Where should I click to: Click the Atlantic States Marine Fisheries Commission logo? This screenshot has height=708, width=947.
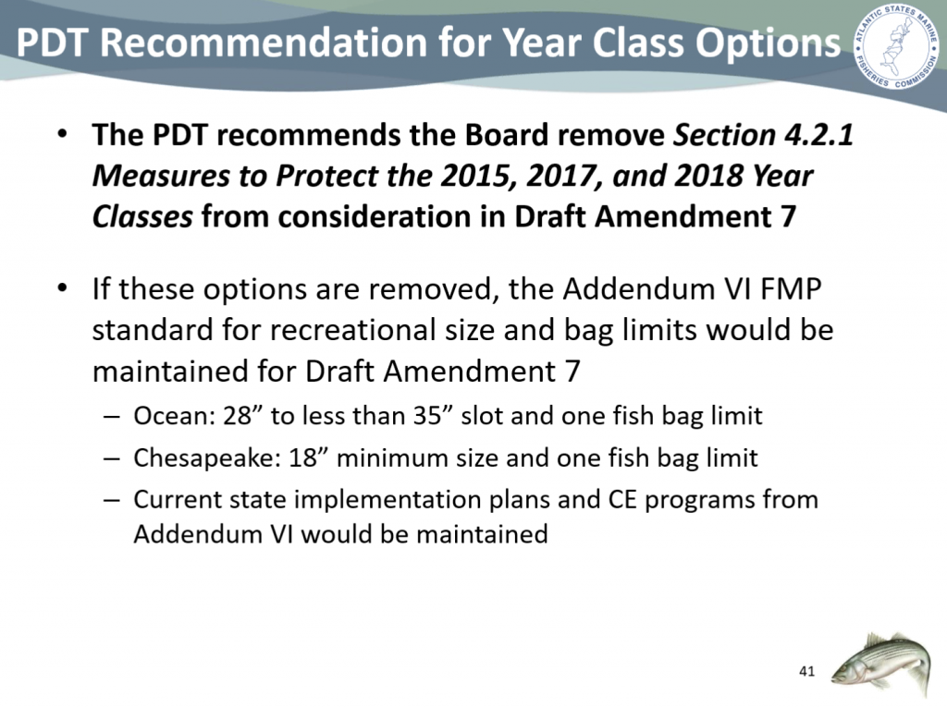coord(895,48)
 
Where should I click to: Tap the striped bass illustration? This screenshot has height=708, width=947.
coord(880,662)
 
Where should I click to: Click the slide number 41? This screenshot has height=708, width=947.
coord(806,671)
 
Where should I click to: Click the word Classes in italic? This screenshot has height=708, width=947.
coord(142,216)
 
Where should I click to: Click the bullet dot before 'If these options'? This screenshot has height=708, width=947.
coord(62,288)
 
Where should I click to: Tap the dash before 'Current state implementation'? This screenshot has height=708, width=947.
coord(111,500)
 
